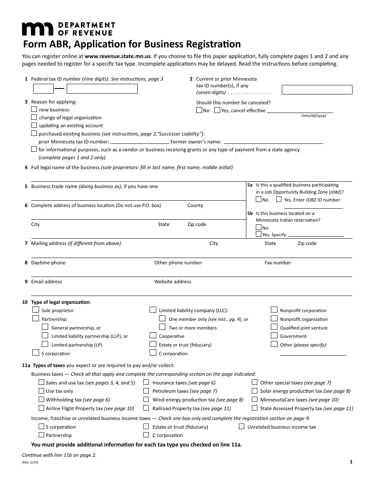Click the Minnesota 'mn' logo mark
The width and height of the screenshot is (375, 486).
tap(37, 29)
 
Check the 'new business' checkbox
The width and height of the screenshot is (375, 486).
tap(34, 109)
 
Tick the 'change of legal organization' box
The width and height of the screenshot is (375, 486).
tap(34, 117)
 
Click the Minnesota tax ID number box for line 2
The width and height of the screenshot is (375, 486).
tap(317, 90)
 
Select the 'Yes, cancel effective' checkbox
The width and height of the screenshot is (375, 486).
tap(217, 111)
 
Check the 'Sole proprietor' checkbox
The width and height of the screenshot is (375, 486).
tap(36, 310)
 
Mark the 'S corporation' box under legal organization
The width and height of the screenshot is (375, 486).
tap(36, 353)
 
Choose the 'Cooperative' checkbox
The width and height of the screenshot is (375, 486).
tap(153, 336)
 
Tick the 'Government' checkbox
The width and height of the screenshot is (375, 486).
tap(274, 335)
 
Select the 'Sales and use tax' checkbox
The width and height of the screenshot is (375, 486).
tap(41, 382)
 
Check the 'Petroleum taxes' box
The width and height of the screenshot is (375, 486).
tap(146, 391)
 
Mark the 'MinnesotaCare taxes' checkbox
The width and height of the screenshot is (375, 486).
tap(255, 399)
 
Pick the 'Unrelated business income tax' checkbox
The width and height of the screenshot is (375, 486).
tap(242, 426)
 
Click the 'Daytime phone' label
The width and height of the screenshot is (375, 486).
tap(48, 263)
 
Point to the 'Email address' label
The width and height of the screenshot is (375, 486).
tap(47, 282)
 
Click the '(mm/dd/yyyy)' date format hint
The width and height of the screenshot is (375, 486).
tap(314, 116)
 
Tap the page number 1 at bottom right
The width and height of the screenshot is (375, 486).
tap(351, 462)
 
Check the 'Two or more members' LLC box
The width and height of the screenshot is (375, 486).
tap(162, 327)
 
